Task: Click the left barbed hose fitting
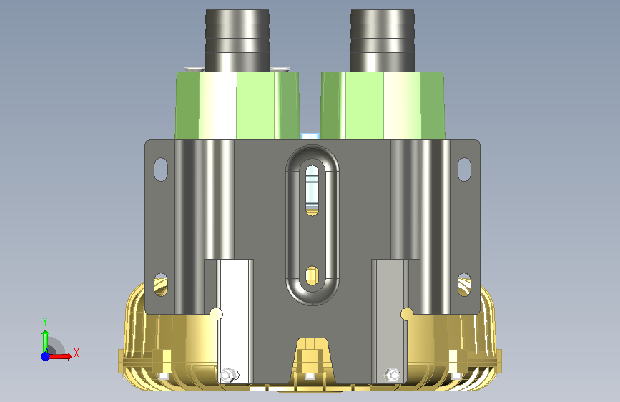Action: pyautogui.click(x=237, y=40)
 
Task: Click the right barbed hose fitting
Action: pyautogui.click(x=383, y=40)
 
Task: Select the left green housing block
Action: pyautogui.click(x=237, y=106)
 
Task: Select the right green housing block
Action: pyautogui.click(x=383, y=106)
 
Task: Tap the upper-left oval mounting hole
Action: pyautogui.click(x=160, y=170)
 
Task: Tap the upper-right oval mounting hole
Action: pyautogui.click(x=464, y=170)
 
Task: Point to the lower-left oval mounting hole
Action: pyautogui.click(x=160, y=285)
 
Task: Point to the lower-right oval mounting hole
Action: pyautogui.click(x=464, y=285)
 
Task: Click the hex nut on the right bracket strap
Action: pyautogui.click(x=393, y=374)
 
